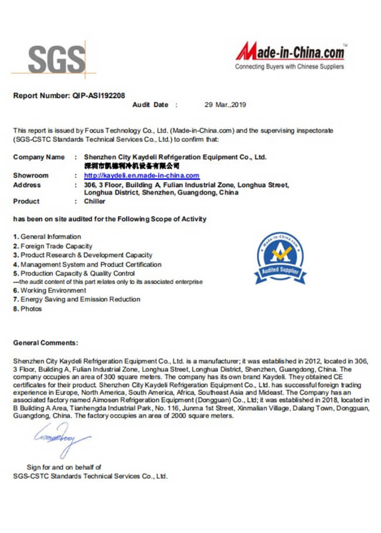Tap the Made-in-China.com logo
290,52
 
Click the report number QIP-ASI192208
98,95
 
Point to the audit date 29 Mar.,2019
225,105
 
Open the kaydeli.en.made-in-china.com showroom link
141,176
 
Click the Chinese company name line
131,166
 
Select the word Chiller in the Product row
95,201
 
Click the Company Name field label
39,157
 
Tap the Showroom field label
30,176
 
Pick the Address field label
27,185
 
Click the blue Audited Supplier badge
280,258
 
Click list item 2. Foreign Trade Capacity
53,246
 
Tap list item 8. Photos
28,309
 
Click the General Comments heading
45,343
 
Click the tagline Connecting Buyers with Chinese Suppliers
290,67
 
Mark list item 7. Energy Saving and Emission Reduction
77,299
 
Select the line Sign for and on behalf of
64,467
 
